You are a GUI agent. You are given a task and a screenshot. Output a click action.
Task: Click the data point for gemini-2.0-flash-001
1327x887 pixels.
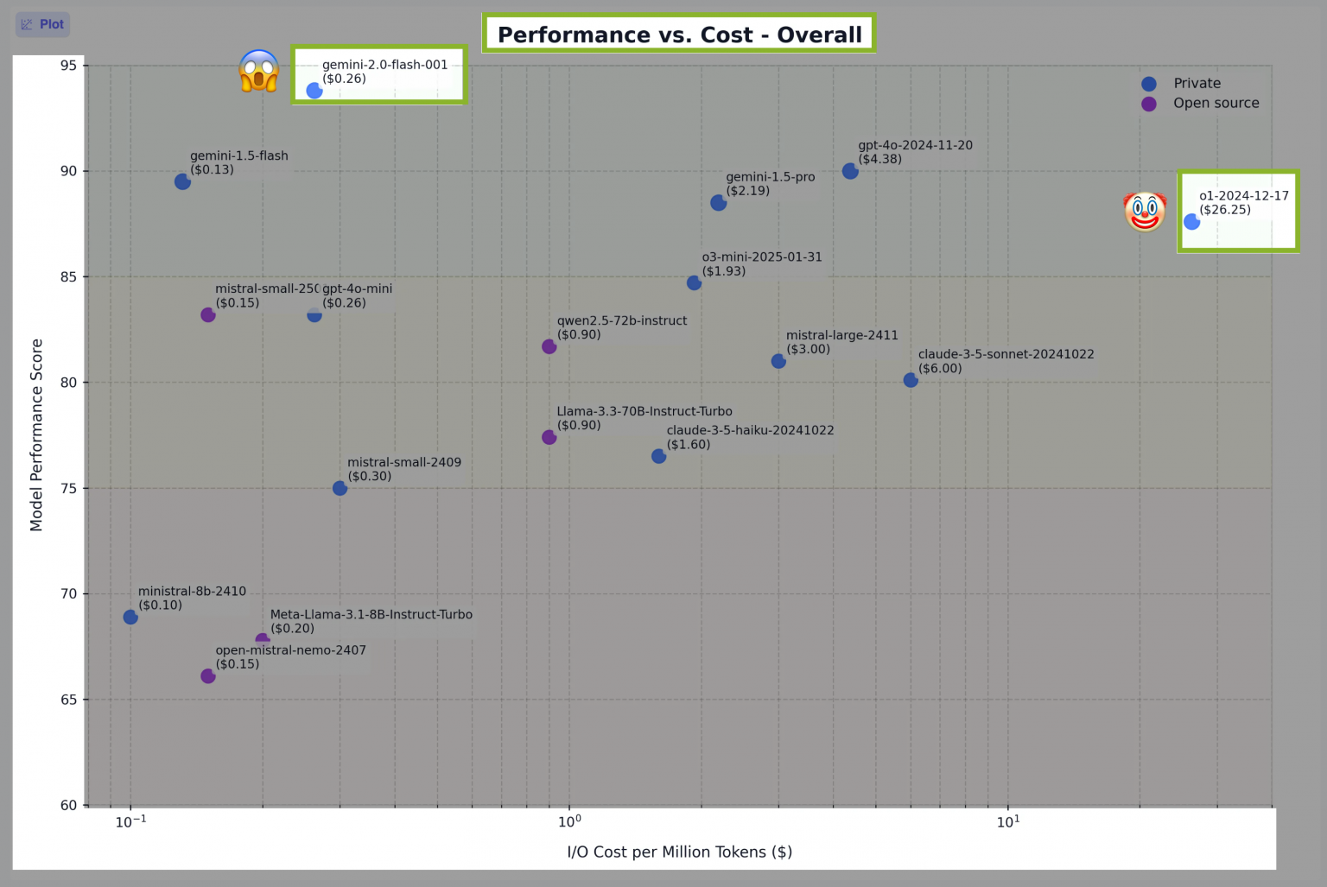(314, 91)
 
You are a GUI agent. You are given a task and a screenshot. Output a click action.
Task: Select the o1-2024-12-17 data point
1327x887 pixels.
(1191, 222)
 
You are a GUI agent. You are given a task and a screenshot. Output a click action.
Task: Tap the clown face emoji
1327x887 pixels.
(1145, 212)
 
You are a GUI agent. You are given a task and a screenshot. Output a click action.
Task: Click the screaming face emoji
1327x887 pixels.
(259, 71)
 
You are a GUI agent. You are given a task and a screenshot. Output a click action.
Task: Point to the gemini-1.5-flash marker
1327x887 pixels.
(182, 181)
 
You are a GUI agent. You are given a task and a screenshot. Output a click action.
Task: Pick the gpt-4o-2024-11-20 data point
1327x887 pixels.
(850, 171)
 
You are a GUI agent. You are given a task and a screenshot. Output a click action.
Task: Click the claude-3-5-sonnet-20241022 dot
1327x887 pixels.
(911, 380)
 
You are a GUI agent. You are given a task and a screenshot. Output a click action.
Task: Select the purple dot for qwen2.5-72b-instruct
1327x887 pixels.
(549, 346)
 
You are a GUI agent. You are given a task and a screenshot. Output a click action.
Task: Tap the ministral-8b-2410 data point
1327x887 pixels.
(130, 617)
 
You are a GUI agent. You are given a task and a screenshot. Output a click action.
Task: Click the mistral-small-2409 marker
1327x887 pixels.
(340, 488)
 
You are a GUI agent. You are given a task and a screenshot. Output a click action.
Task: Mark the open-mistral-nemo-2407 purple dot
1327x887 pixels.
(208, 676)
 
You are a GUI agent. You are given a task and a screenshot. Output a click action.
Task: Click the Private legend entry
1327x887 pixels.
(1197, 84)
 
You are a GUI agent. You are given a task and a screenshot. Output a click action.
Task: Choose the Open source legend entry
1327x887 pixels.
(1216, 104)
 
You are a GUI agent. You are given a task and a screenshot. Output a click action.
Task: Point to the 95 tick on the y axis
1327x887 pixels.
(68, 66)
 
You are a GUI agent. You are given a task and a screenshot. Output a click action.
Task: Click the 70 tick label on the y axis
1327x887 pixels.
(68, 594)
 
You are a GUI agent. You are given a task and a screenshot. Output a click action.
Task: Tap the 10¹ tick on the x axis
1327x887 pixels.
(1007, 821)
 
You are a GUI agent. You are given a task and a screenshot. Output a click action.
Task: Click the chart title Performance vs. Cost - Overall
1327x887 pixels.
(679, 35)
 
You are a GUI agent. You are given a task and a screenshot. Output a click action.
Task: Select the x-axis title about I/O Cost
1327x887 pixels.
(679, 852)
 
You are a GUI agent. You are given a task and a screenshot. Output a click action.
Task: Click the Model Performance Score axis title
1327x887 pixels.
(36, 434)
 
